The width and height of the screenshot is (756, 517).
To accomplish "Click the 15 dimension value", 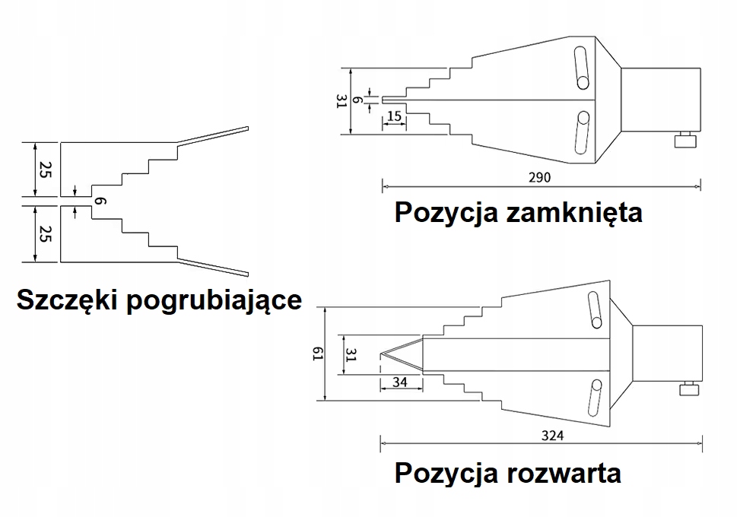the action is [394, 116].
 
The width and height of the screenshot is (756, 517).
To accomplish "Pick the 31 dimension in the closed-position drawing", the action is [341, 102].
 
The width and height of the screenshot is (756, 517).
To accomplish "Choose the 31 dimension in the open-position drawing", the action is [351, 354].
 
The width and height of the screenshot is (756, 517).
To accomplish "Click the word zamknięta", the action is [573, 212].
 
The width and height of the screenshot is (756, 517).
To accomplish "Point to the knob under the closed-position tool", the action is [685, 141].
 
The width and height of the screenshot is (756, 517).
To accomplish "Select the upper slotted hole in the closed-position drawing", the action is [581, 67].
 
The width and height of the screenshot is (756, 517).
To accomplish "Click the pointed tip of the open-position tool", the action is [380, 354].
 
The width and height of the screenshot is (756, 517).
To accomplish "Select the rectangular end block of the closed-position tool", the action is [661, 100].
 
